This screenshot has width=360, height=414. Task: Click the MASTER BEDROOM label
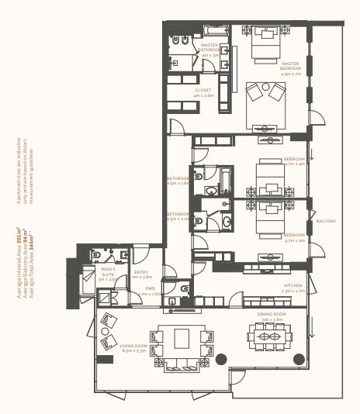[290, 66]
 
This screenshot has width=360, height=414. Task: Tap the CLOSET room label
[203, 92]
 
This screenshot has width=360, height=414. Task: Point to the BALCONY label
[325, 222]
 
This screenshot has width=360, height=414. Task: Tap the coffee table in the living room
[182, 339]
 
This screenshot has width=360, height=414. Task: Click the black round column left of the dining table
[221, 358]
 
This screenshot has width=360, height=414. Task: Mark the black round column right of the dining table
[298, 357]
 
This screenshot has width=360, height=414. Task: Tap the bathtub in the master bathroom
[215, 31]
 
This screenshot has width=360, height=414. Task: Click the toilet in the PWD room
[185, 289]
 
